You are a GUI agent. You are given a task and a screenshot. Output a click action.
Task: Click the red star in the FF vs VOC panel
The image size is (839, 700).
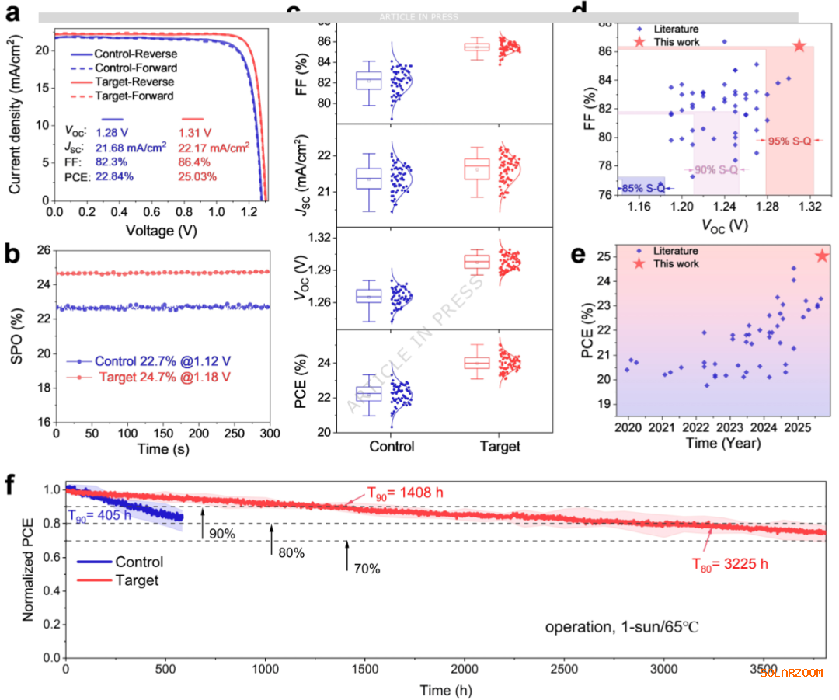coord(799,46)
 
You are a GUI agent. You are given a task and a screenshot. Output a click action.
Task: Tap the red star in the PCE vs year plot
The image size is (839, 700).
coord(823,256)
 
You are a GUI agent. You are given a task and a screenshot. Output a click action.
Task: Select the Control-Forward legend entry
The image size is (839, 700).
coord(134,68)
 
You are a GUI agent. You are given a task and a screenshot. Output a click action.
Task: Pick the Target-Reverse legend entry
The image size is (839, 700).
coord(134,82)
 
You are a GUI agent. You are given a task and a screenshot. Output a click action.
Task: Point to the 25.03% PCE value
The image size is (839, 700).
coord(201,178)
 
